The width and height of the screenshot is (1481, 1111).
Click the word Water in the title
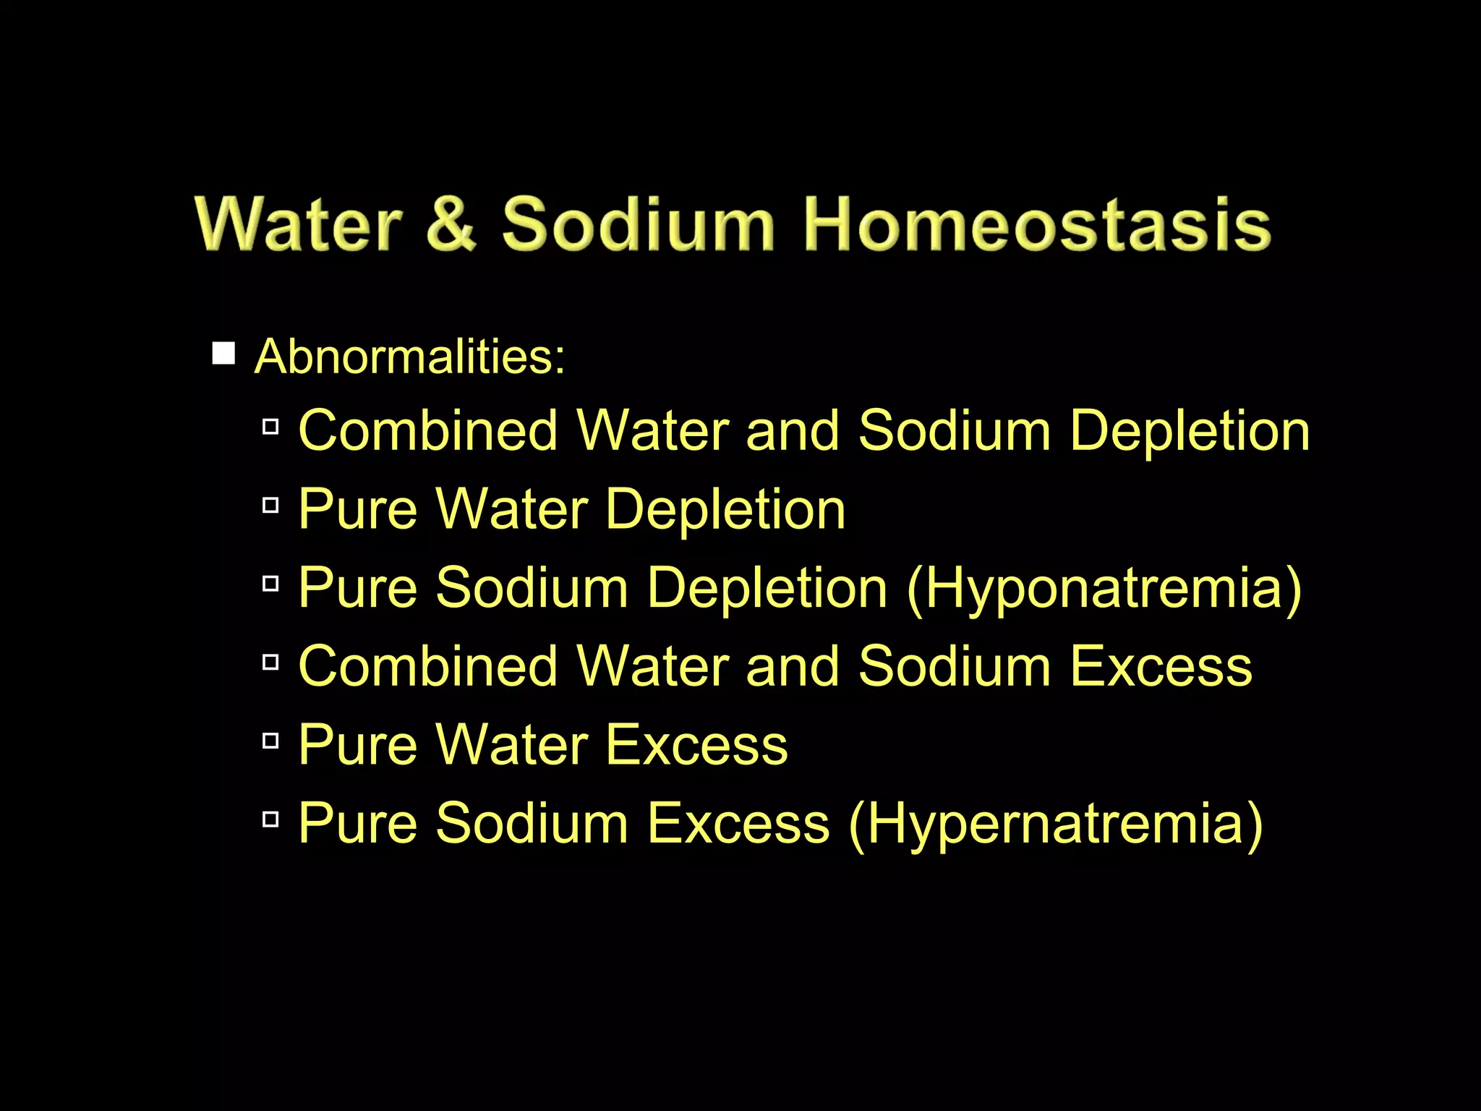(x=297, y=224)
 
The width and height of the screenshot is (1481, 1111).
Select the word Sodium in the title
(x=638, y=224)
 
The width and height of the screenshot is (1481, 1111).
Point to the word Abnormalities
(x=409, y=357)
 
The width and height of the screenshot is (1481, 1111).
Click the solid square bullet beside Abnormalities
(x=223, y=354)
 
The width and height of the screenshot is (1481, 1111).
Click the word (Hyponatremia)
(x=1104, y=587)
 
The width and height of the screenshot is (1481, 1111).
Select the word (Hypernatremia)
(x=1055, y=823)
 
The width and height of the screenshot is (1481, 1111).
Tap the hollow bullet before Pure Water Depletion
(x=270, y=506)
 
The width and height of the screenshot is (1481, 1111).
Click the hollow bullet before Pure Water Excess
(x=270, y=741)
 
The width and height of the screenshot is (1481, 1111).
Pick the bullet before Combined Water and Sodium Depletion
(x=270, y=427)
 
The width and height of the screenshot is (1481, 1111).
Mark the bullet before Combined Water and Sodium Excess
(x=270, y=662)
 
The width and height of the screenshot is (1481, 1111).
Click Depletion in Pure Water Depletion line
(x=725, y=509)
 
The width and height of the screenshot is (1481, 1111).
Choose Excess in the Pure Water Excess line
(x=697, y=745)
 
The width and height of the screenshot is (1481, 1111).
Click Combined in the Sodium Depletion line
(x=427, y=431)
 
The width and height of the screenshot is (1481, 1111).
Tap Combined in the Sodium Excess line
(x=427, y=666)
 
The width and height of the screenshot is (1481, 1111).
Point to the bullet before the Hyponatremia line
(x=270, y=584)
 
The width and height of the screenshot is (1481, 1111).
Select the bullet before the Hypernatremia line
(x=270, y=820)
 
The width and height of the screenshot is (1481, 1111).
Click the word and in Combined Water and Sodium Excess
(x=793, y=666)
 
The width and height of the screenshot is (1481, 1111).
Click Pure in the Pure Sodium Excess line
(x=358, y=823)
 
